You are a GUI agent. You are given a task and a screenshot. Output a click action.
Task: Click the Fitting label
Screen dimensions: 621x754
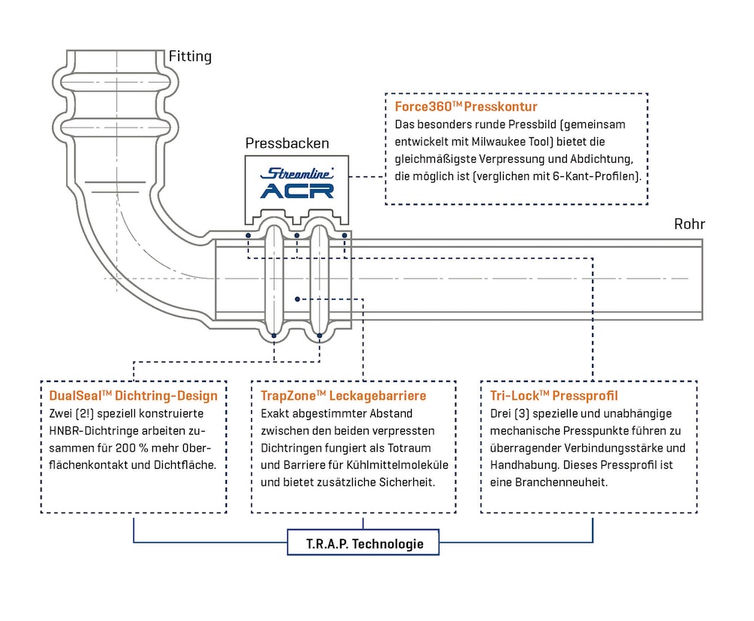point(190,57)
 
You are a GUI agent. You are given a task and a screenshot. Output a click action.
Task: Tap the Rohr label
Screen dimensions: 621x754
point(689,224)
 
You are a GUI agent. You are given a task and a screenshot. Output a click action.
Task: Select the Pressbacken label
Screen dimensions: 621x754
point(277,143)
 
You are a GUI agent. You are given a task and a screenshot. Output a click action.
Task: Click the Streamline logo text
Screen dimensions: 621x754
point(297,173)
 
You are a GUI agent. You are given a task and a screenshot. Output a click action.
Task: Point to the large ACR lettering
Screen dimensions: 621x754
point(297,191)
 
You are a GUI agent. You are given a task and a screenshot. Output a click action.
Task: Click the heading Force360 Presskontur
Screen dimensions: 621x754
point(466,107)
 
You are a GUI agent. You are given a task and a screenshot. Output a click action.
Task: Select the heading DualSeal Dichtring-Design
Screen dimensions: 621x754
point(133,396)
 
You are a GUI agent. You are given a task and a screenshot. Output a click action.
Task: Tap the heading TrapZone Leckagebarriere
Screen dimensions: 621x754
point(343,396)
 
